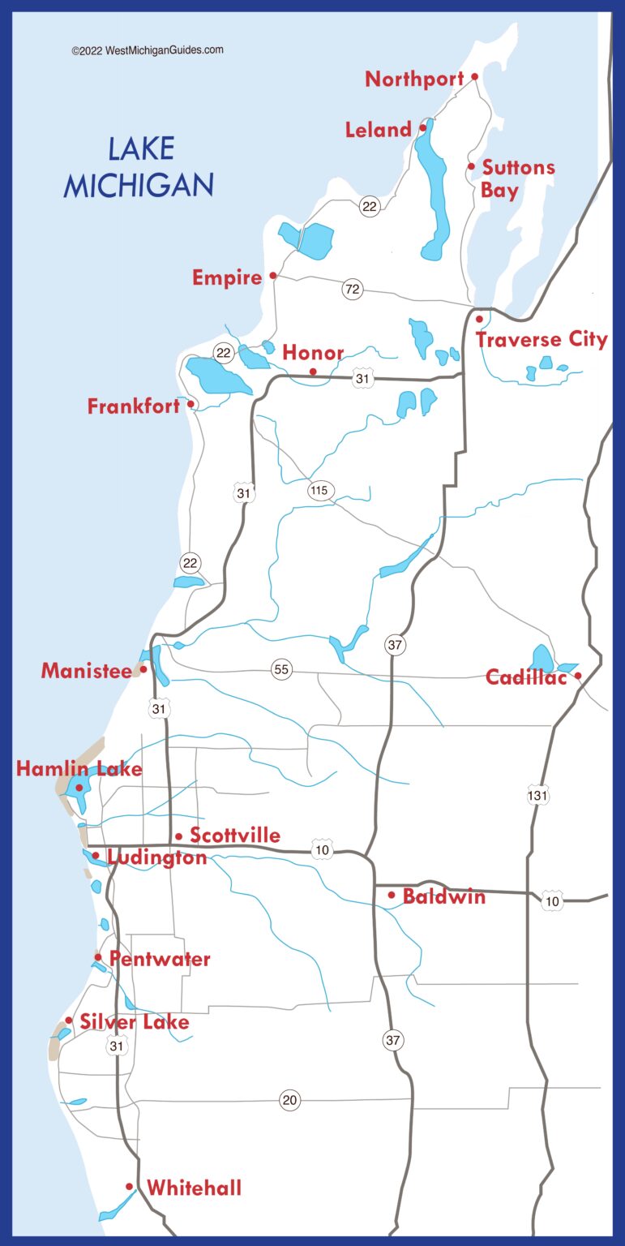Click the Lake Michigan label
(139, 168)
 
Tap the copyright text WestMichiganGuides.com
(147, 50)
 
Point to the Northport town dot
(475, 77)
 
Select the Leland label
(378, 130)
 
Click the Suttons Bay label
(517, 178)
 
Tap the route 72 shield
(352, 289)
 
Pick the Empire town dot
(273, 276)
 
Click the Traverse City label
(542, 339)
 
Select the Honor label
(313, 354)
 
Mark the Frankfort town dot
(191, 404)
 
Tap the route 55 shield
(281, 669)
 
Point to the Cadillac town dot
(578, 676)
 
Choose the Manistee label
(86, 671)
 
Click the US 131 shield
(537, 796)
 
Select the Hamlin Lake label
(79, 769)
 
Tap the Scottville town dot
(178, 836)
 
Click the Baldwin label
(444, 896)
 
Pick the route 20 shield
(289, 1100)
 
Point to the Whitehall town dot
(130, 1187)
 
